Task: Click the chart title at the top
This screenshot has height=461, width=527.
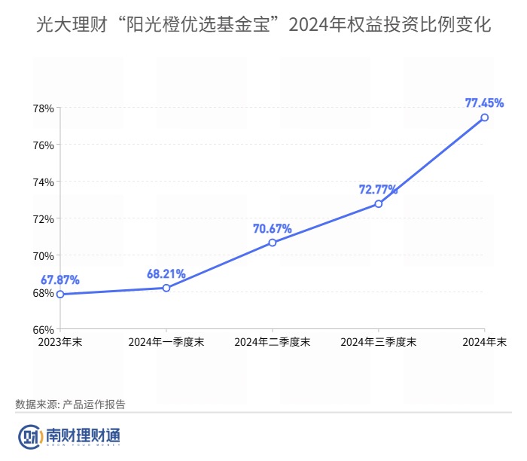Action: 263,25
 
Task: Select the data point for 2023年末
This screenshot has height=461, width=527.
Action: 60,294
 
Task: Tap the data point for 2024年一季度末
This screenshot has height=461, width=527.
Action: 166,288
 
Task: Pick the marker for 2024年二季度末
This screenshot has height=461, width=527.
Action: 273,243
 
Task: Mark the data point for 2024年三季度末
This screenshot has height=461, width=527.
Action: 379,203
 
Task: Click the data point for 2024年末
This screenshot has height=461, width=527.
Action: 484,118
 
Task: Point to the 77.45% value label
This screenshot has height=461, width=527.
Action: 484,102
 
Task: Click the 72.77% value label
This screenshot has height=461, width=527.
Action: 378,188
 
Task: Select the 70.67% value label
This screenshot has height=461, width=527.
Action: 273,227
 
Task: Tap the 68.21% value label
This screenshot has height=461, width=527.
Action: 166,273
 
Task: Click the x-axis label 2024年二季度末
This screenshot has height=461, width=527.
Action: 273,342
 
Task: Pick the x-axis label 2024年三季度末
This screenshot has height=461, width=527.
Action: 379,342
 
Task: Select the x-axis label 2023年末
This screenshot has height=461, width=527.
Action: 60,342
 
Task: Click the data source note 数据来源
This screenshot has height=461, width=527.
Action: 70,405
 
